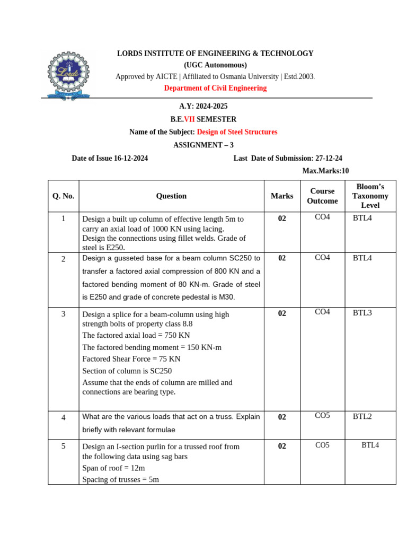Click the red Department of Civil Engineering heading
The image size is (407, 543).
click(215, 88)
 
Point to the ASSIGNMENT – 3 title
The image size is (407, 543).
click(203, 145)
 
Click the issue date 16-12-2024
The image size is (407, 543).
click(131, 158)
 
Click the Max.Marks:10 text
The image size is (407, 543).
click(325, 171)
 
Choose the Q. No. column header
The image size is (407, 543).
click(63, 196)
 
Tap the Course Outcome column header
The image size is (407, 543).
click(322, 196)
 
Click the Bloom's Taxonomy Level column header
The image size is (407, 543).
click(370, 196)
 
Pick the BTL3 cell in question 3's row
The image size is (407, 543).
click(362, 312)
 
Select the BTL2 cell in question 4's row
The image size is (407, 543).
click(362, 416)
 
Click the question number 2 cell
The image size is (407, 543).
click(63, 259)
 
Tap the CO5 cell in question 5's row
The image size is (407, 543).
click(322, 445)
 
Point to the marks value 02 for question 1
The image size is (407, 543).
click(282, 218)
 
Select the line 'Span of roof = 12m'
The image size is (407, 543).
click(113, 468)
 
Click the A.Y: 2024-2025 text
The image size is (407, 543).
click(203, 107)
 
